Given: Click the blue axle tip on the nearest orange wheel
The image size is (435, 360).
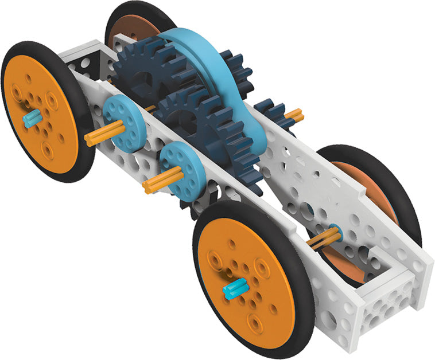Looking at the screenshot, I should click(235, 288).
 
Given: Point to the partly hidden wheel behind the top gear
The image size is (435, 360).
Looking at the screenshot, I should click(129, 26).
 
